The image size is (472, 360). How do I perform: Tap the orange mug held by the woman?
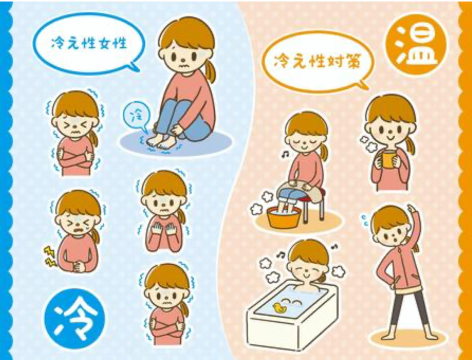(x=388, y=159)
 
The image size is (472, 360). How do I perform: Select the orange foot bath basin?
(x=283, y=217)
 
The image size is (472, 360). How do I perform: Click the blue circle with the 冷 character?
(x=74, y=319)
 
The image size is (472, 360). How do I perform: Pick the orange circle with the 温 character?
(x=416, y=44)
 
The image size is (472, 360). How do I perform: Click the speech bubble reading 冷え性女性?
(x=88, y=44)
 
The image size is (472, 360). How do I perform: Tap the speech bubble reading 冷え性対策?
(x=318, y=62)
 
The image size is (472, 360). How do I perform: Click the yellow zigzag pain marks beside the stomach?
(x=50, y=256)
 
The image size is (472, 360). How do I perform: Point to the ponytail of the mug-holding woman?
(x=410, y=145)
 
